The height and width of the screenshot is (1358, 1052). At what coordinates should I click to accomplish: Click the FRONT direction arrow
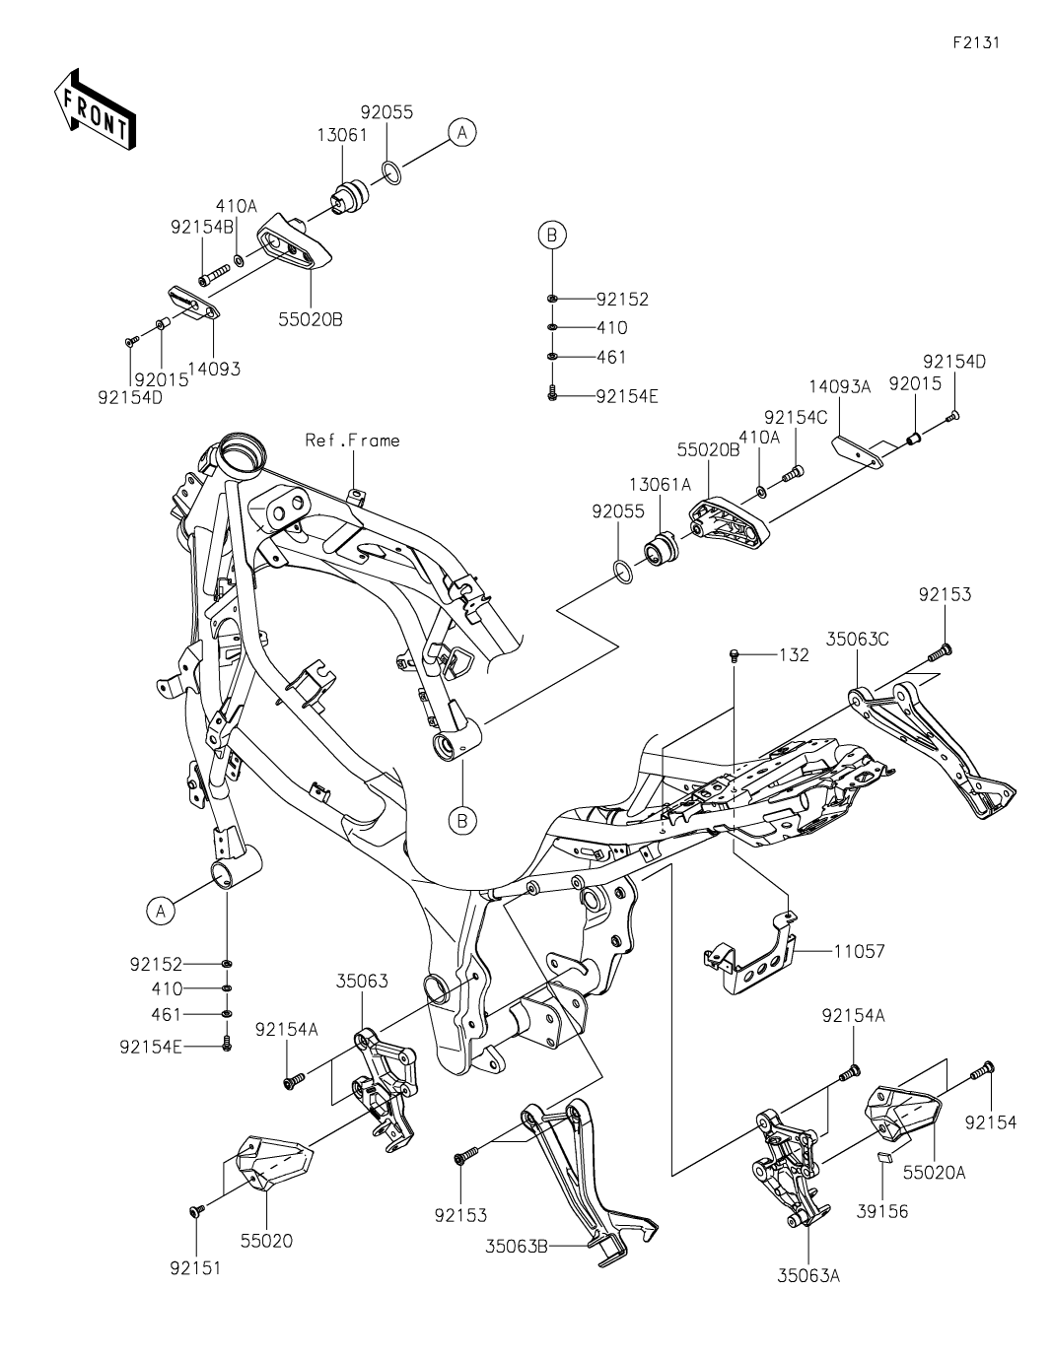pyautogui.click(x=95, y=109)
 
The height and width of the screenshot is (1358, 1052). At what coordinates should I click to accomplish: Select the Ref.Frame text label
pyautogui.click(x=352, y=441)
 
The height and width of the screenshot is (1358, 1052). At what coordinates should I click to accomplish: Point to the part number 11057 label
pyautogui.click(x=859, y=952)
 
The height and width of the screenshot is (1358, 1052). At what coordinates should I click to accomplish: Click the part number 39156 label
pyautogui.click(x=881, y=1211)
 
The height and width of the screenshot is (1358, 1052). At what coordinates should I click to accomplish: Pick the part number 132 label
pyautogui.click(x=794, y=654)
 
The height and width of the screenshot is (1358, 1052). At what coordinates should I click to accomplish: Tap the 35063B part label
pyautogui.click(x=516, y=1246)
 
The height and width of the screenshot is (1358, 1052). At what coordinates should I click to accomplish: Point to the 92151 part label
pyautogui.click(x=194, y=1268)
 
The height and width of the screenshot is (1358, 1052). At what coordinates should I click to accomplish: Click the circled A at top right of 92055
pyautogui.click(x=461, y=131)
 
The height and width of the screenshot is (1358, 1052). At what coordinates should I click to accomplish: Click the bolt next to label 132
pyautogui.click(x=735, y=654)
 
